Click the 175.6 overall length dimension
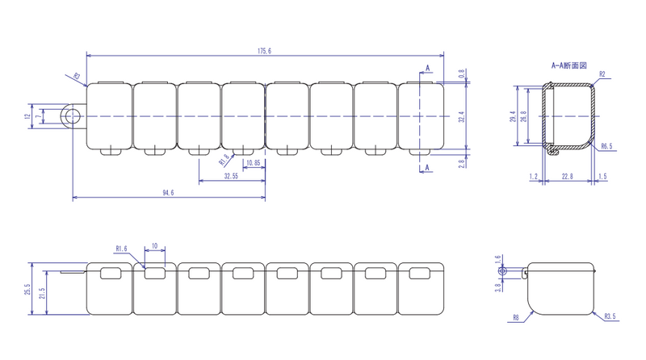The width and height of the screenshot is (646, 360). coord(265,51)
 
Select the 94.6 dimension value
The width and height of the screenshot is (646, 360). coord(168,193)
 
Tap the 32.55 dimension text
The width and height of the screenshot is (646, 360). coord(231,176)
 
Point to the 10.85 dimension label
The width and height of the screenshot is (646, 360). coord(253,163)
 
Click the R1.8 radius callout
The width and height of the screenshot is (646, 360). coord(224,159)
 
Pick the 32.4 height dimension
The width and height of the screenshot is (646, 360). coord(461,116)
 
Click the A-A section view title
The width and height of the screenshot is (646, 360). coord(569,65)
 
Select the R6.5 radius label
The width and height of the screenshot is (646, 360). coord(607,146)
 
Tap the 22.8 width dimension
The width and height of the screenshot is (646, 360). coord(568,176)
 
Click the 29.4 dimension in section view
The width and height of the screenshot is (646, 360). coord(513,116)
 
